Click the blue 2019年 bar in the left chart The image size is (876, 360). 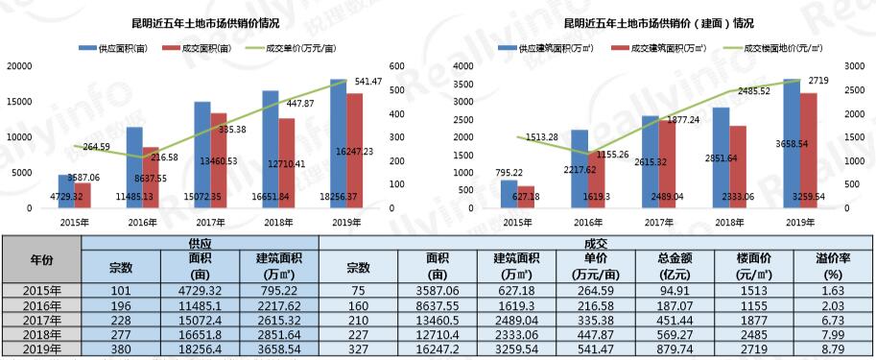coord(339,144)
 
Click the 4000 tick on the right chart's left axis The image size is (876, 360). coord(463,65)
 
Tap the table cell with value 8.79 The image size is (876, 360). coord(835,351)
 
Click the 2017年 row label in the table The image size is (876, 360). coord(40,321)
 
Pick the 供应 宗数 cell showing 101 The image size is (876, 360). coord(120,290)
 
